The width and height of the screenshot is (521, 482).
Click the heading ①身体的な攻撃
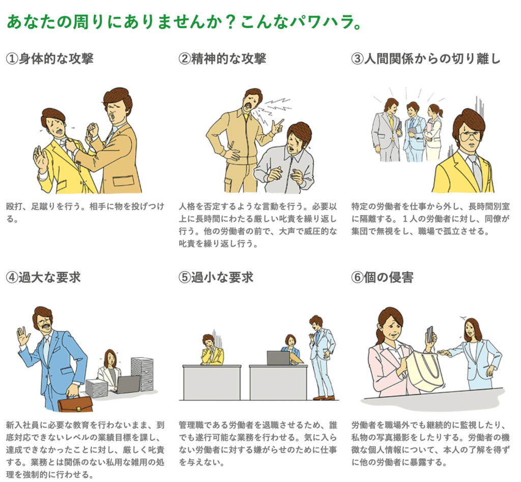[x=49, y=58]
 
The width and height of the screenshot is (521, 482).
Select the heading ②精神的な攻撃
[x=222, y=58]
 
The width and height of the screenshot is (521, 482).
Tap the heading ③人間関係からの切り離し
[x=426, y=58]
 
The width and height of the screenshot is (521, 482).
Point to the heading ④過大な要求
[x=43, y=277]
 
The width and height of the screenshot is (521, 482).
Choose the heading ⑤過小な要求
[x=216, y=277]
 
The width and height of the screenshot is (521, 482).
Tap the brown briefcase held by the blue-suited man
[x=75, y=404]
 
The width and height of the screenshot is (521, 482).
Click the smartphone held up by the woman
[x=430, y=334]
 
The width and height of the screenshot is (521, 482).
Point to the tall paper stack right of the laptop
[x=142, y=374]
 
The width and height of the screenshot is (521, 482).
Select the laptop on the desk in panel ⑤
[x=278, y=358]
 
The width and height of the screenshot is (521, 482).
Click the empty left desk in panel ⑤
[x=212, y=382]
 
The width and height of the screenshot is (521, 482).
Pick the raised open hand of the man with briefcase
[x=23, y=336]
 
